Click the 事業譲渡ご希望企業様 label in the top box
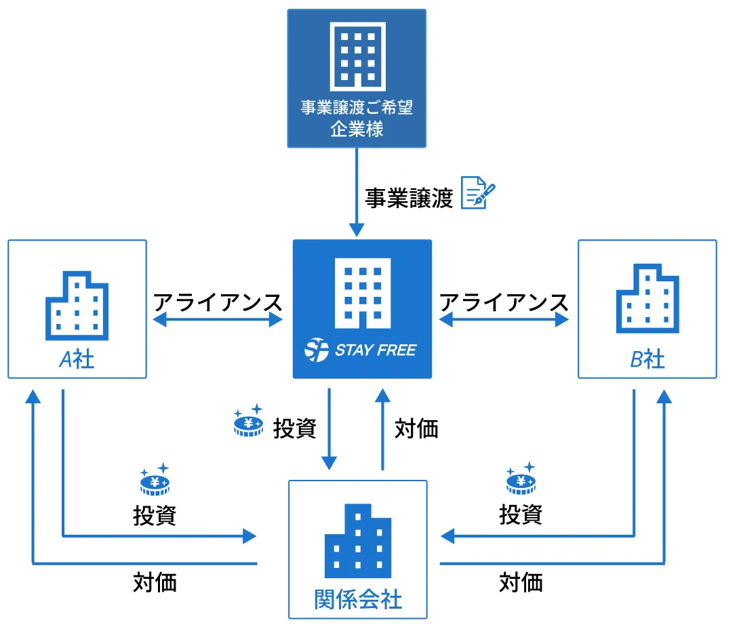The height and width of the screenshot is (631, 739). point(357,118)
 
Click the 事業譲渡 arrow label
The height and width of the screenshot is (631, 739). point(409,198)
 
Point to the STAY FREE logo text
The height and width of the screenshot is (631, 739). point(361,350)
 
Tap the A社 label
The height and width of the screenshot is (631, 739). point(77,359)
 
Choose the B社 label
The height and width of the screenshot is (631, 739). point(647,359)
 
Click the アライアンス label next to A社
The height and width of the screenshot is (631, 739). point(218,302)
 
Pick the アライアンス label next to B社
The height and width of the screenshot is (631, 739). point(504,302)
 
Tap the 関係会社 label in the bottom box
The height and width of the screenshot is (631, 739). point(358,599)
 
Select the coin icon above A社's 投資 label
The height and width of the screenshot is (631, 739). point(155,479)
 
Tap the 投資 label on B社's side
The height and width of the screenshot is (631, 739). point(521,514)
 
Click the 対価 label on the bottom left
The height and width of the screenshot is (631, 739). point(155,582)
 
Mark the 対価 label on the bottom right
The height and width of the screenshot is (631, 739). point(521,582)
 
